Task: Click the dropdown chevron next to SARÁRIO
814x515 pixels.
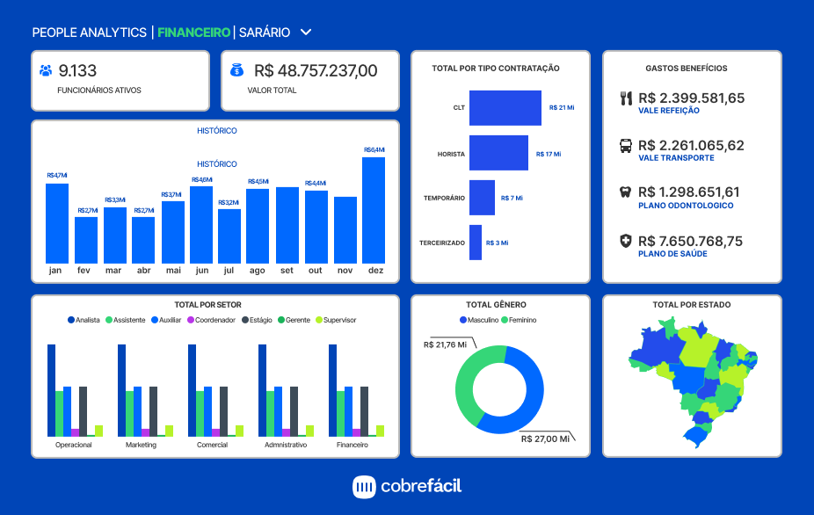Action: (306, 33)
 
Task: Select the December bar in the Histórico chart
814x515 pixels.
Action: (374, 209)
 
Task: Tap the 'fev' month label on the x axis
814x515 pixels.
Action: (84, 271)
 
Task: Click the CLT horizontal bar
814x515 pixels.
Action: (505, 107)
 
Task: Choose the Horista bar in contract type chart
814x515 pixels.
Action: (498, 153)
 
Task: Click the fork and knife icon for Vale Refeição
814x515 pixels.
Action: (626, 98)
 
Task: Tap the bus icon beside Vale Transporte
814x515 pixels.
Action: (626, 146)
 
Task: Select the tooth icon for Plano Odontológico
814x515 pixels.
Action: (626, 192)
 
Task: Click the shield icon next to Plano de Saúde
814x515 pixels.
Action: (626, 240)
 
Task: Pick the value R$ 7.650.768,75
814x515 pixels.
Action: (690, 241)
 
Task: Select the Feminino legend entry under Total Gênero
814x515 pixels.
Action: (519, 320)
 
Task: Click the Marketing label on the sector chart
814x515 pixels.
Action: (141, 445)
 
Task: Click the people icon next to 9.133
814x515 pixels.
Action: (47, 71)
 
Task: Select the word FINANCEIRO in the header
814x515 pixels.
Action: (193, 33)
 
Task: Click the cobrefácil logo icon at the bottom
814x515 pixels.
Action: (364, 486)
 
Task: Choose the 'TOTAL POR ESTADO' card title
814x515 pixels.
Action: (692, 305)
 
